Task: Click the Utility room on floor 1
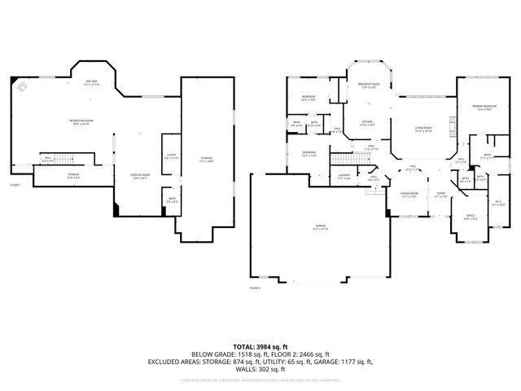[171, 156]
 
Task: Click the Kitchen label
[367, 124]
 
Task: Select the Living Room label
[423, 129]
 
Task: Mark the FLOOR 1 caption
[15, 186]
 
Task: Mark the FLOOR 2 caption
[256, 288]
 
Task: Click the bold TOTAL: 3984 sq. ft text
[260, 347]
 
